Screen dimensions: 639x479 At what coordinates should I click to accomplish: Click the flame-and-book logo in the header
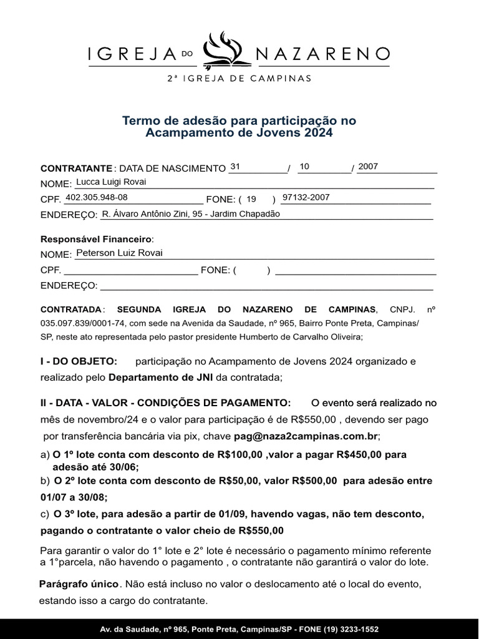227,50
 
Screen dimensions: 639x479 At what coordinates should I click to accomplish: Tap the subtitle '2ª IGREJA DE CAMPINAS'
239,79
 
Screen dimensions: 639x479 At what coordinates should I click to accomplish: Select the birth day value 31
235,167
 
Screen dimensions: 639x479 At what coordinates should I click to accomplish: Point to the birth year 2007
368,167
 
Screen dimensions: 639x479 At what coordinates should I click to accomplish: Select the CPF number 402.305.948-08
97,197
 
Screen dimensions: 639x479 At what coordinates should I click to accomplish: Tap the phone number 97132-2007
306,197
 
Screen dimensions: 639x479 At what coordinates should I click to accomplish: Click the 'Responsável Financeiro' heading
96,239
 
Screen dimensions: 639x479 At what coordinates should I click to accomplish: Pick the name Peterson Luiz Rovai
119,253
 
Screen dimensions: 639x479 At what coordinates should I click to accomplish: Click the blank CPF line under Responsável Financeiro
130,271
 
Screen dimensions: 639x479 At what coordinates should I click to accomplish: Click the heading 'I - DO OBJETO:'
79,361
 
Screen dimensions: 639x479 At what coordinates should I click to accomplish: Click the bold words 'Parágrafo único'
79,585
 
